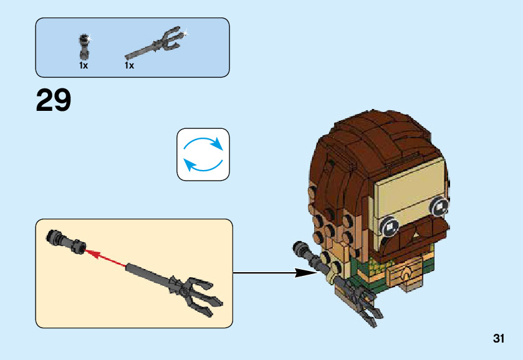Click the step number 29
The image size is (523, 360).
coord(54,100)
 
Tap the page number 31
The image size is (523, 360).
coord(498,339)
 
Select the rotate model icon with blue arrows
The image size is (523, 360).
coord(203,154)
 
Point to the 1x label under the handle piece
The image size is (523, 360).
coord(83,65)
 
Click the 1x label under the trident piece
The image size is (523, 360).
coord(129,65)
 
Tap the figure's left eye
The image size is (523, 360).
coord(391,222)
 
